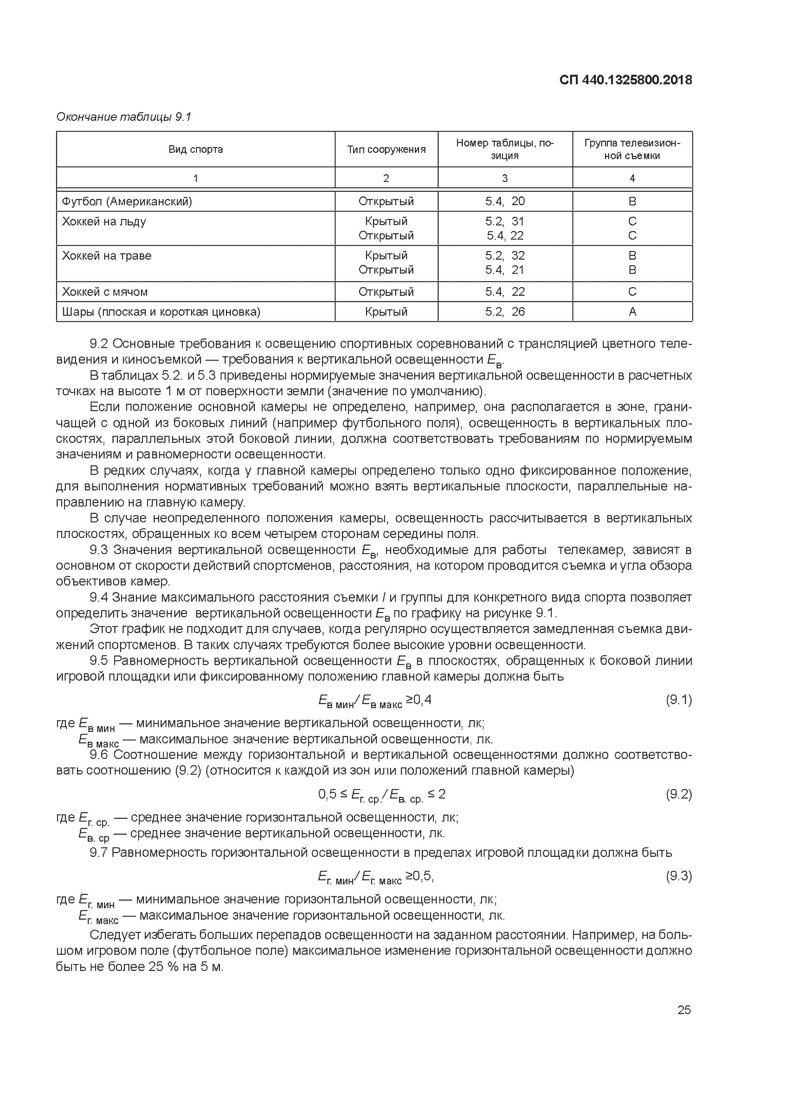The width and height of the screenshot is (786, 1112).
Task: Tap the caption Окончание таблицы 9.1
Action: [124, 117]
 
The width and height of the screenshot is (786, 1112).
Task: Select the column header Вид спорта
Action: [196, 149]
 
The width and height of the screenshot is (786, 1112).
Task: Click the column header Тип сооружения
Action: [386, 149]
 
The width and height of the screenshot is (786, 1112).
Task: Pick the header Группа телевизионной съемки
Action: [632, 149]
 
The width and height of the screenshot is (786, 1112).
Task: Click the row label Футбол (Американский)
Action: [127, 201]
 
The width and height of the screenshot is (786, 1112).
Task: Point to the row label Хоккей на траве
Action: [106, 255]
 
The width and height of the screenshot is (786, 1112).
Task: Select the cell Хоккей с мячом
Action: [105, 292]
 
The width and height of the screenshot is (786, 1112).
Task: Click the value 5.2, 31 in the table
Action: [505, 221]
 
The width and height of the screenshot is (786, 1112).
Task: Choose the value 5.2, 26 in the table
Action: [505, 311]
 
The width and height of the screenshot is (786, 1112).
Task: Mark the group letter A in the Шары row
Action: [632, 311]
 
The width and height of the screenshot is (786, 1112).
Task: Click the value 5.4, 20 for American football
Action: [505, 201]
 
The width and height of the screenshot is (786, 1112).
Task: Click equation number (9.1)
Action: [679, 700]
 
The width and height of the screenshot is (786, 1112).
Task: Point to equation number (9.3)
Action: [679, 876]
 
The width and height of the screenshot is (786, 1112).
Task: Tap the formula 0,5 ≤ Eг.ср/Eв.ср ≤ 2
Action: [381, 794]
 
